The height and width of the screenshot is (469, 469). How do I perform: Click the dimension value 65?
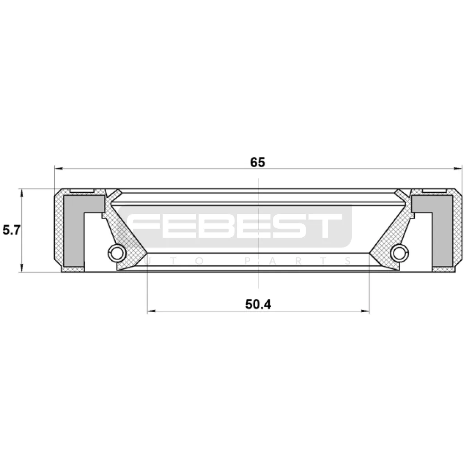[258, 162]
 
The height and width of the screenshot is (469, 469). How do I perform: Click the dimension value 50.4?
[258, 304]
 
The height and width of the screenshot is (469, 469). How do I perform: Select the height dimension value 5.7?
[11, 230]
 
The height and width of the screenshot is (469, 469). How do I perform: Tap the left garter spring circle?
[117, 253]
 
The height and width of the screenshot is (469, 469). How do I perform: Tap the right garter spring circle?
[399, 253]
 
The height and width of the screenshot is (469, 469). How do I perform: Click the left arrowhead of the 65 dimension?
[58, 168]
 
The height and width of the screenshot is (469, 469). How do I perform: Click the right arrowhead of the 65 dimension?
[458, 168]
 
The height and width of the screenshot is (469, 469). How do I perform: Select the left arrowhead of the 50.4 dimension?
[151, 311]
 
